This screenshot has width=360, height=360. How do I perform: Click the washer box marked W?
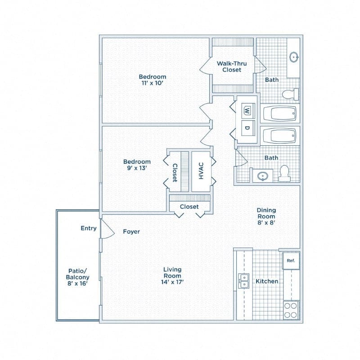[x=247, y=110]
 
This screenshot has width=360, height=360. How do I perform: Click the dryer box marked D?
[x=247, y=127]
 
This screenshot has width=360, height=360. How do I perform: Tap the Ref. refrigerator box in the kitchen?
[x=291, y=261]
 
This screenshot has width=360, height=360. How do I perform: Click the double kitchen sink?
[x=243, y=281]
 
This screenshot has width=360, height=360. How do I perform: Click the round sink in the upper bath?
[x=294, y=57]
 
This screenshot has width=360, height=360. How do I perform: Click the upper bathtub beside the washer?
[x=280, y=113]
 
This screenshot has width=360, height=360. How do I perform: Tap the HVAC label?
[x=201, y=171]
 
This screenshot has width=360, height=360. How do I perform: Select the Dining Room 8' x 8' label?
[x=266, y=216]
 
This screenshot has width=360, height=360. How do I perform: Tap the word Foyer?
[x=131, y=232]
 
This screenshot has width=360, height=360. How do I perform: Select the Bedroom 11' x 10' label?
[x=152, y=80]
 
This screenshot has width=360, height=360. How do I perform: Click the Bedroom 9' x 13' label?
[x=137, y=165]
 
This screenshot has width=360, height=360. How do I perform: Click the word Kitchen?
[x=267, y=281]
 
